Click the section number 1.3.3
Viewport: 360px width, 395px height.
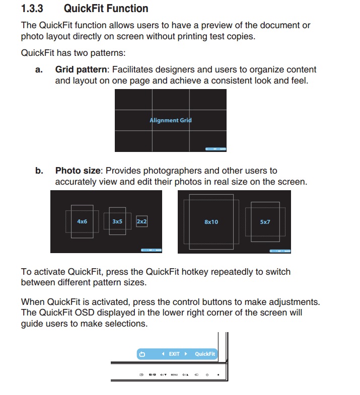(x=33, y=9)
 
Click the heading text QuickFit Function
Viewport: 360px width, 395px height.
(x=106, y=9)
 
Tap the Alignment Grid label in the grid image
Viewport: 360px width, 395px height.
(x=171, y=120)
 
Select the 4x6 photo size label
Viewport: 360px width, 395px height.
(x=82, y=221)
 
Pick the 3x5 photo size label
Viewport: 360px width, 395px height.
(x=117, y=221)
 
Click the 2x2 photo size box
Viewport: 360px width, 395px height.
(x=142, y=221)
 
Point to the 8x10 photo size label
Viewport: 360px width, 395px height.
(x=211, y=222)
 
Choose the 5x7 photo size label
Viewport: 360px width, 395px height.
(x=265, y=222)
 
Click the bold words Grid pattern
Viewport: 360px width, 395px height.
(x=81, y=70)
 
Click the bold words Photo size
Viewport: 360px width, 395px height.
(x=78, y=171)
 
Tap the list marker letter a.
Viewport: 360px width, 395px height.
(x=39, y=70)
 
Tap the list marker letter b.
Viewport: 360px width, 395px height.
(x=39, y=171)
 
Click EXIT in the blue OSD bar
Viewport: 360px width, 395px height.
(x=174, y=354)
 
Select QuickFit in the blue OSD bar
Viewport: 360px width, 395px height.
(x=205, y=354)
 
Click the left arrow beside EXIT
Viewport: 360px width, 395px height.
(x=163, y=354)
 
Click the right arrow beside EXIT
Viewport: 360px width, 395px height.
(x=186, y=354)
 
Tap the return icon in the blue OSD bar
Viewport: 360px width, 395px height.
(x=142, y=354)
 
